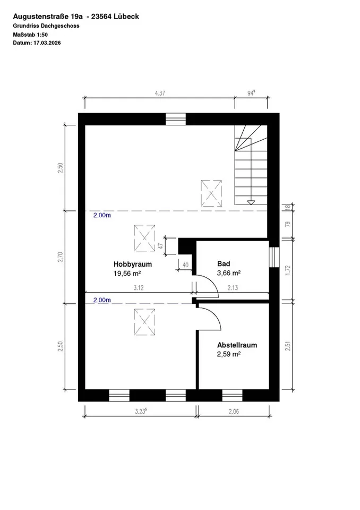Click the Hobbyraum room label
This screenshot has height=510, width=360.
pyautogui.click(x=133, y=264)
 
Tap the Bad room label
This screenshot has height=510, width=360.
pyautogui.click(x=223, y=264)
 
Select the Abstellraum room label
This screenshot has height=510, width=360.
pyautogui.click(x=237, y=345)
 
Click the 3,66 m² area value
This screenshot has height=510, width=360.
pyautogui.click(x=229, y=274)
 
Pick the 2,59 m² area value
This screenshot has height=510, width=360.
pyautogui.click(x=229, y=354)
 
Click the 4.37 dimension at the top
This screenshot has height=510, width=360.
pyautogui.click(x=159, y=93)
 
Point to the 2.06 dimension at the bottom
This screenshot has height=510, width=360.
pyautogui.click(x=234, y=411)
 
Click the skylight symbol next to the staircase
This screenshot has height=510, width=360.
pyautogui.click(x=211, y=192)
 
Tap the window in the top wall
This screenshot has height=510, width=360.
pyautogui.click(x=175, y=119)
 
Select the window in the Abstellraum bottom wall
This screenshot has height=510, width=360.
pyautogui.click(x=232, y=395)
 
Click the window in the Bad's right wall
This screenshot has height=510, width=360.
pyautogui.click(x=274, y=257)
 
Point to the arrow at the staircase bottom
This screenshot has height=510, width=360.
pyautogui.click(x=251, y=202)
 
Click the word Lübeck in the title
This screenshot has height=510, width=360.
pyautogui.click(x=127, y=16)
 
